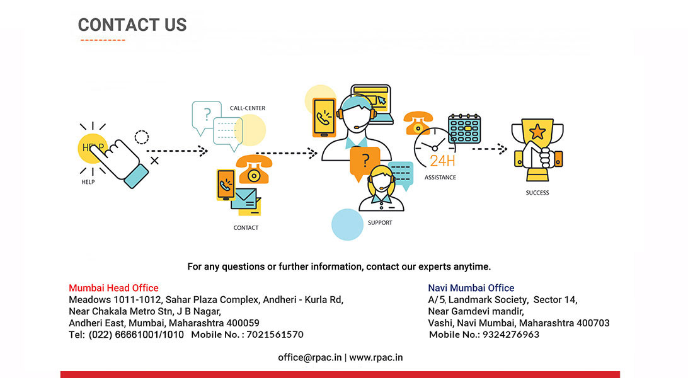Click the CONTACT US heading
pyautogui.click(x=132, y=25)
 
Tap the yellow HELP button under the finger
pyautogui.click(x=91, y=148)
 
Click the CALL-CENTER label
pyautogui.click(x=248, y=108)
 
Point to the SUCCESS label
pyautogui.click(x=537, y=193)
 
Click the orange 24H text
pyautogui.click(x=442, y=160)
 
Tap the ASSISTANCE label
pyautogui.click(x=440, y=178)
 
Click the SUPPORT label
pyautogui.click(x=380, y=223)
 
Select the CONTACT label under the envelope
pyautogui.click(x=246, y=228)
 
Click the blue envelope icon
pyautogui.click(x=245, y=198)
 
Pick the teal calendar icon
pyautogui.click(x=464, y=129)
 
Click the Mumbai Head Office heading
pyautogui.click(x=113, y=288)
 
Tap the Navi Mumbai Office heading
pyautogui.click(x=471, y=288)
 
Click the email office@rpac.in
pyautogui.click(x=310, y=357)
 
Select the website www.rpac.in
pyautogui.click(x=376, y=357)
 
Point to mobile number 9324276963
pyautogui.click(x=511, y=335)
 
